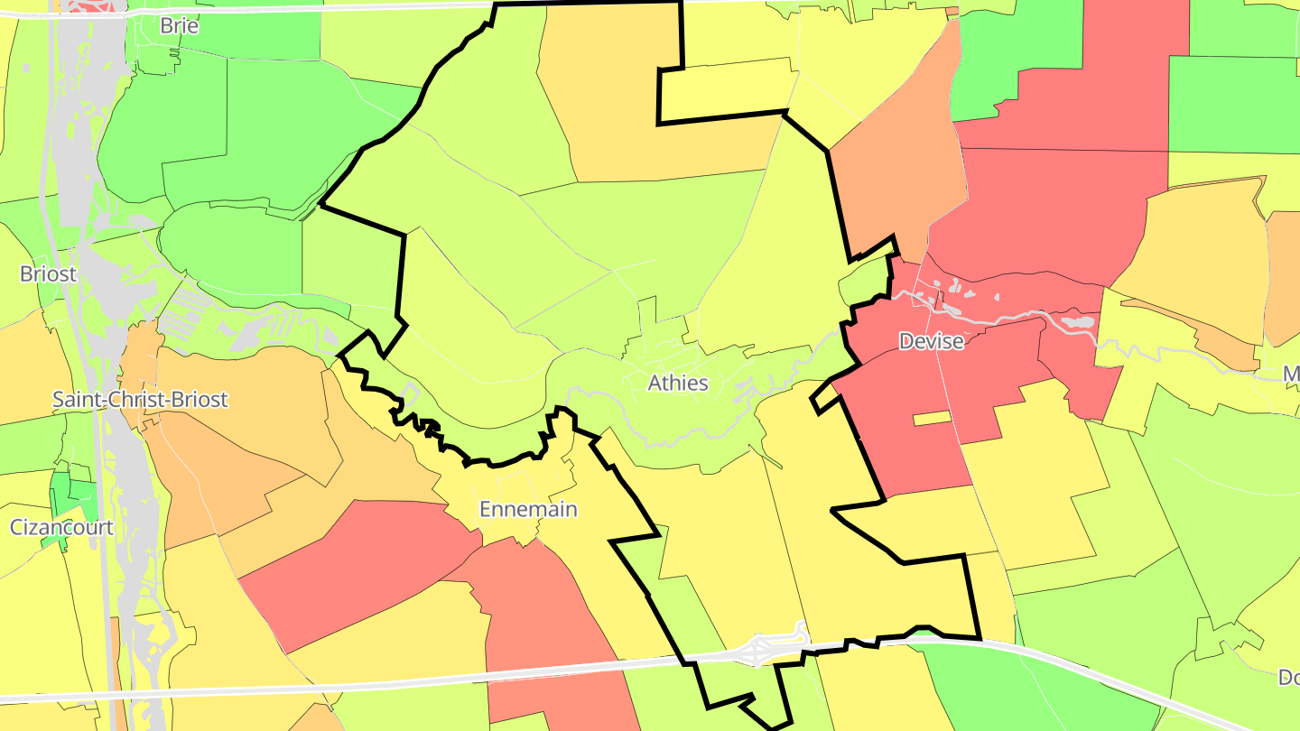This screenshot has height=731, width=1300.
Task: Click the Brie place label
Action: point(179,25)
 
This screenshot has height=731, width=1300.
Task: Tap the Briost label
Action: point(48,273)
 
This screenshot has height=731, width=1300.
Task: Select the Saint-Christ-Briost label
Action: point(140,399)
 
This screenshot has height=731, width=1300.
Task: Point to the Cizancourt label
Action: point(61,527)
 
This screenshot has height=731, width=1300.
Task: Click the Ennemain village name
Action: point(527,509)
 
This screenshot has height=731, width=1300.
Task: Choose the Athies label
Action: point(678,383)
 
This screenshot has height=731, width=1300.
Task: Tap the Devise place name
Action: point(931,341)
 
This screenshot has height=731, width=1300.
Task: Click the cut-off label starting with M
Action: point(1291,373)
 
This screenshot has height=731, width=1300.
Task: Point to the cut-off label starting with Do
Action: point(1288,677)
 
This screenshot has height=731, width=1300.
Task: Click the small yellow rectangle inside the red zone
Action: point(932,418)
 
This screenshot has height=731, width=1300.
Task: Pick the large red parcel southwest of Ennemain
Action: point(361,569)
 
